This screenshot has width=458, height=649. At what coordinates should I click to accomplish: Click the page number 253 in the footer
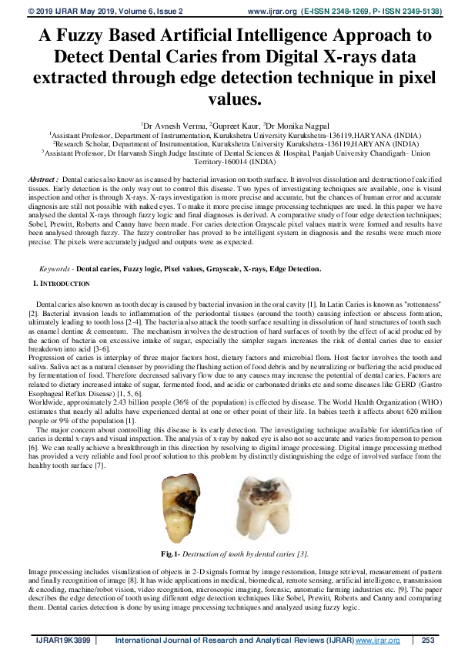tap(430, 641)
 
